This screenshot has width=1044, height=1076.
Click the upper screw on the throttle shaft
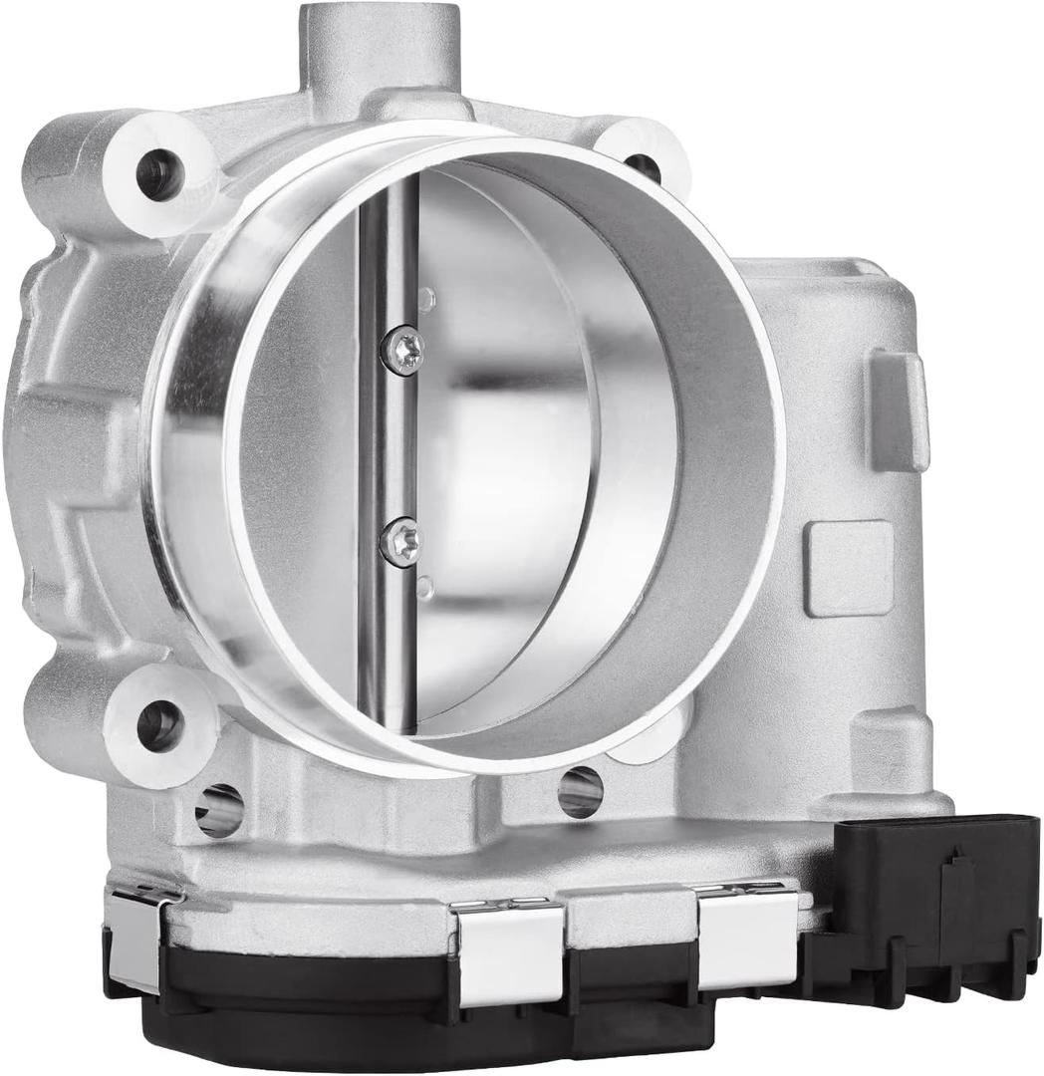coord(402,350)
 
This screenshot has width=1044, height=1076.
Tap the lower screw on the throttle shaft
coord(400,542)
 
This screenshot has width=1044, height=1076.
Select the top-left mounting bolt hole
coord(159,175)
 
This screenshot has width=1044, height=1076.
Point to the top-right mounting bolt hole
coord(643,165)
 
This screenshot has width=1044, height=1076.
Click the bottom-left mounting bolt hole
coord(157,724)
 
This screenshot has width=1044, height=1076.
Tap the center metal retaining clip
coord(511,952)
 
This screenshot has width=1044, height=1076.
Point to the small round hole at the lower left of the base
coord(219,809)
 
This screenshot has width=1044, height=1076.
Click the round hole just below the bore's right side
coord(581,792)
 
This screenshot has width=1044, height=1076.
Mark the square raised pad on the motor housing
coord(849,568)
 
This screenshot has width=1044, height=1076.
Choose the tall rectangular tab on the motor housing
coord(899,409)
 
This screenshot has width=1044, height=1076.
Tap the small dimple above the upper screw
coord(427,297)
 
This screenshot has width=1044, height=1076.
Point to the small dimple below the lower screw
coord(425,588)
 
